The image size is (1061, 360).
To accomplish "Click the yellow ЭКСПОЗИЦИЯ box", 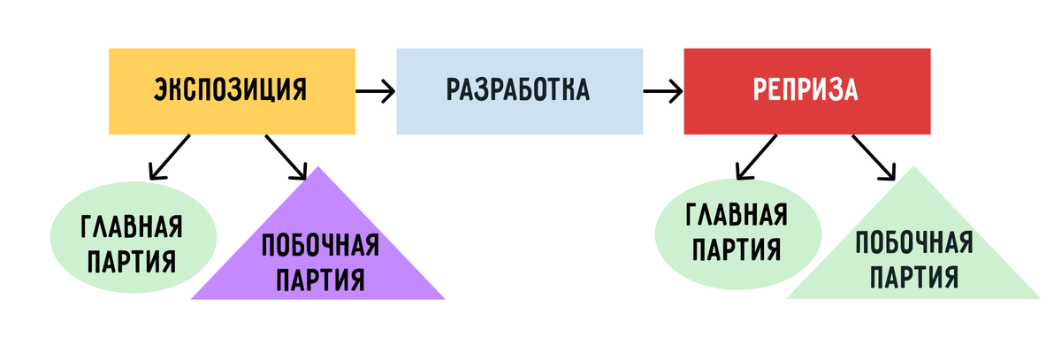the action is coord(232,90).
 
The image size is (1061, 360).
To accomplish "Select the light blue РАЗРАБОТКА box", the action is coord(519,90).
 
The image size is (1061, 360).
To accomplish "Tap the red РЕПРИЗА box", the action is coord(806,90).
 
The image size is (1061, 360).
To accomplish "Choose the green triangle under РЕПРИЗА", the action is coord(912,257).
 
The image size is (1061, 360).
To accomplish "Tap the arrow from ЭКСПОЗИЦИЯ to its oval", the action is coord(169,157).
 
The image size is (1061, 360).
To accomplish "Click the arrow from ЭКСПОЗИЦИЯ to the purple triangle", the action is coord(285,157).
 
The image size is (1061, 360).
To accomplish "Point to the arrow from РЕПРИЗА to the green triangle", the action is coord(872,157).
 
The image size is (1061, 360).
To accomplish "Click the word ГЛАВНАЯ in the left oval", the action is coord(132,227).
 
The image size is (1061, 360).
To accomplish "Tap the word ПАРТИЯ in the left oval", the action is coord(132,262).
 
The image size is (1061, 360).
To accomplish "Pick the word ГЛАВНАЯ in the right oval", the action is coord(737,214).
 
